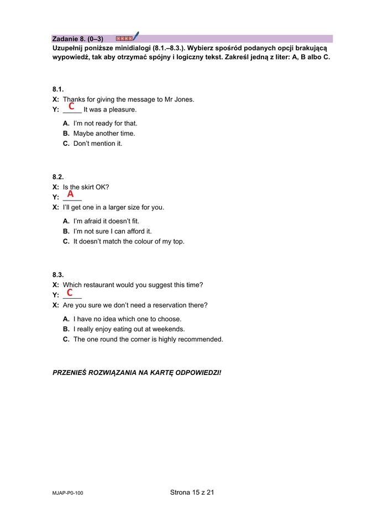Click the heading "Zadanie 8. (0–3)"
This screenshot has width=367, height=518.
[x=77, y=39]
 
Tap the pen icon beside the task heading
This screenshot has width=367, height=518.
[x=136, y=37]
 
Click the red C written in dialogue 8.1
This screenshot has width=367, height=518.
[x=72, y=105]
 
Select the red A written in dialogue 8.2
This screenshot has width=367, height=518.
[x=71, y=194]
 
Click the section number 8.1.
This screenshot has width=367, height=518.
[x=58, y=89]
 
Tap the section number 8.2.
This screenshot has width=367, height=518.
[x=58, y=177]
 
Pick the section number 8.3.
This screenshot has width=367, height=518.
[x=58, y=274]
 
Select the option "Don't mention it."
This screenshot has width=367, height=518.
[x=97, y=144]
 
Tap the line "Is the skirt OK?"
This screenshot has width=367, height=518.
[x=86, y=187]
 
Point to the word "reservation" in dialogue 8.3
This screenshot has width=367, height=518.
[x=170, y=305]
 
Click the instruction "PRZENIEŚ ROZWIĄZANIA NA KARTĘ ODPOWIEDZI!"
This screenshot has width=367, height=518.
[x=137, y=373]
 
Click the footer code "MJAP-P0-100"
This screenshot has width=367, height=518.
[x=68, y=494]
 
